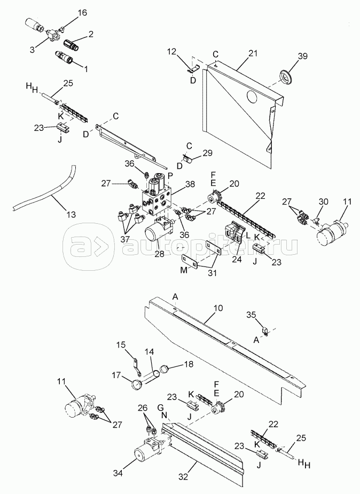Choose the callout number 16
coord(81,12)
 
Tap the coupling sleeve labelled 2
coord(72,41)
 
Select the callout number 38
coord(189,184)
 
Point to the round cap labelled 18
coord(165,368)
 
